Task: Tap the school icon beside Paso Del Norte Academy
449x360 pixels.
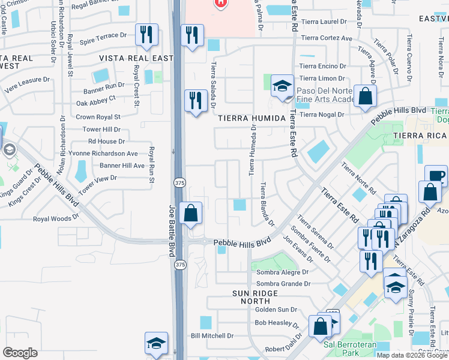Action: click(282, 86)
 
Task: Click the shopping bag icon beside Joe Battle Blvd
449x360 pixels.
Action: click(190, 213)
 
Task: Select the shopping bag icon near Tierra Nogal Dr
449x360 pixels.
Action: click(364, 96)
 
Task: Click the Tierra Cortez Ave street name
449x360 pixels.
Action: click(327, 38)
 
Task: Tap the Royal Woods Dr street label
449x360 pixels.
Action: click(56, 219)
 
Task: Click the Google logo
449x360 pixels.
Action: click(20, 353)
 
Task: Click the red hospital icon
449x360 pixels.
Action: click(220, 3)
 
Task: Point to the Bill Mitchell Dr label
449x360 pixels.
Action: click(211, 336)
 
